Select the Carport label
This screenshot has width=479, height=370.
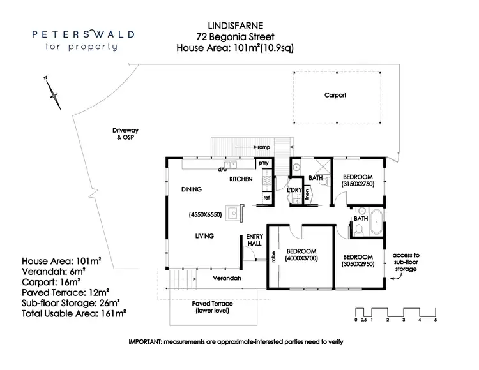point(335,95)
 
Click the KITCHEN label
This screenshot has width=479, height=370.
point(241,179)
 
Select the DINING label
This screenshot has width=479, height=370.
point(191,189)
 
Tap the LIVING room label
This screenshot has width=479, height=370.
point(204,236)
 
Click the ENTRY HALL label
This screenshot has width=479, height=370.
point(255,240)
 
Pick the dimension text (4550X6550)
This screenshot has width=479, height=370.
point(204,215)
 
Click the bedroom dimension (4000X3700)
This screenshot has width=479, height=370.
point(302,257)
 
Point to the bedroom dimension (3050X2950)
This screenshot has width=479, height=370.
point(357,263)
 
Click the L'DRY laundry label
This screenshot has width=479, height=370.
point(294,190)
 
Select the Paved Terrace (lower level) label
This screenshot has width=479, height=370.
point(212,306)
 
